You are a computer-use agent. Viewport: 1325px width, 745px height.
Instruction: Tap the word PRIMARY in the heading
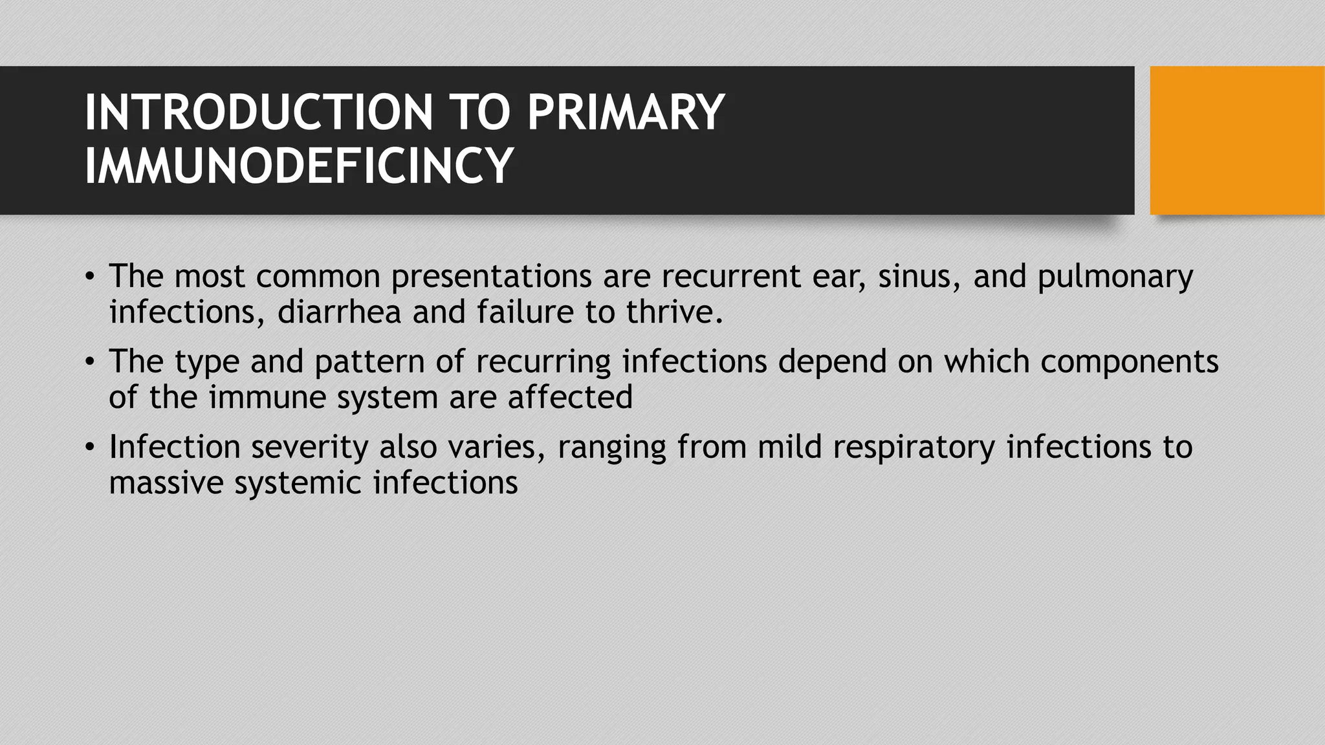click(626, 113)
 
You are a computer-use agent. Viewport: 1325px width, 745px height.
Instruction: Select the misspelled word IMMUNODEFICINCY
click(299, 166)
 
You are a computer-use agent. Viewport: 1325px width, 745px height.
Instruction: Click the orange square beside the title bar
click(1237, 140)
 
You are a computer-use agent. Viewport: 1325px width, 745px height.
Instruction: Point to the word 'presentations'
click(491, 277)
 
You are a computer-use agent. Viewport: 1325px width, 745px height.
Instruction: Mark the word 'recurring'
click(543, 362)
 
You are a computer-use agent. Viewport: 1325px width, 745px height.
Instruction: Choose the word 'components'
click(1129, 362)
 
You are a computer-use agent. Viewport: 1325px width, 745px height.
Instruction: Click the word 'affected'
click(570, 397)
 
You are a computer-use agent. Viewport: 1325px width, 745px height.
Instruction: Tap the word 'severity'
click(310, 448)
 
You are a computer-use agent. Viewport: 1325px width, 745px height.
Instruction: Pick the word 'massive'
click(166, 482)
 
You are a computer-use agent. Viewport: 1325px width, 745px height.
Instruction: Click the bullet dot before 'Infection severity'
click(90, 447)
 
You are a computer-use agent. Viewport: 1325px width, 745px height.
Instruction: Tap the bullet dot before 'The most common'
click(90, 276)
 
